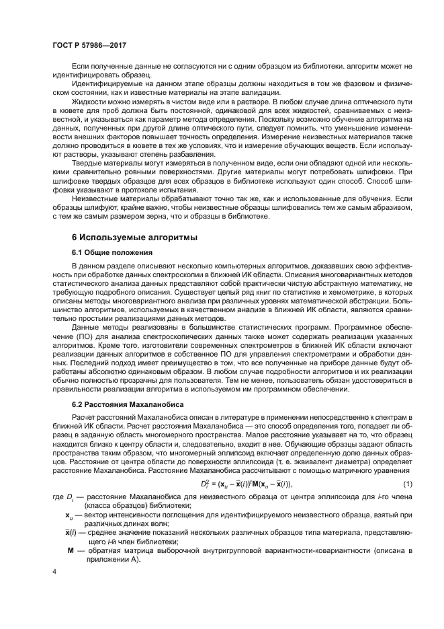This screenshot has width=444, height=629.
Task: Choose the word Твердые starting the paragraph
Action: click(89, 164)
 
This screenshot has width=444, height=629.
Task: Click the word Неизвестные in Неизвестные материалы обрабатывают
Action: click(97, 199)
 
